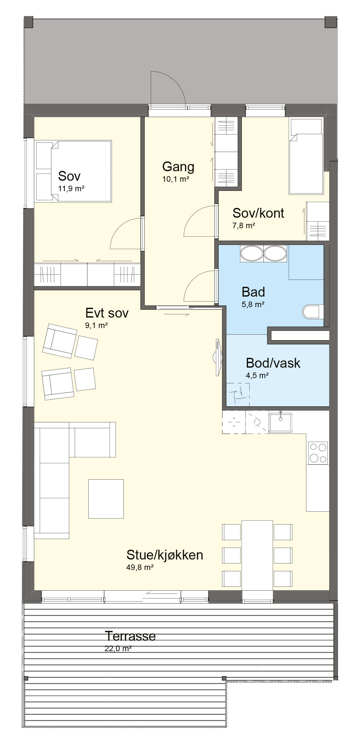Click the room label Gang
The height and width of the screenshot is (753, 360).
[x=178, y=167]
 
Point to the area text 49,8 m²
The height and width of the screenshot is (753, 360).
[x=140, y=567]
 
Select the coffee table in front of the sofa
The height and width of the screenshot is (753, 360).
[x=106, y=499]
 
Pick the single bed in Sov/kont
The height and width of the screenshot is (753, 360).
[x=305, y=156]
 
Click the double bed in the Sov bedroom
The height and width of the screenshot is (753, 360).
[x=74, y=171]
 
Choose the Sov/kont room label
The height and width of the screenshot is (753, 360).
[x=258, y=213]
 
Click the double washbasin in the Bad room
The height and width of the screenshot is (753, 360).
[x=264, y=253]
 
